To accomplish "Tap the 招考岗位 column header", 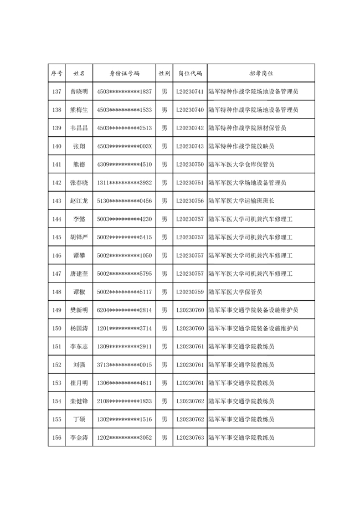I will click(261, 73).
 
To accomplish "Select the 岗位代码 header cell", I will click(189, 73).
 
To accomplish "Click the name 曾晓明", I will click(79, 91).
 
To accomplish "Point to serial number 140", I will click(56, 146).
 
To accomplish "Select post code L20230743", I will click(189, 146).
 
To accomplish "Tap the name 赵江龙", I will click(79, 201).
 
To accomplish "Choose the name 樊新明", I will click(79, 310).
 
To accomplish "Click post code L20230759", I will click(189, 292).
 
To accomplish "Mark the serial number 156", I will click(56, 438).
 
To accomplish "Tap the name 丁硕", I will click(79, 419).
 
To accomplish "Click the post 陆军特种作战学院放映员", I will click(241, 146).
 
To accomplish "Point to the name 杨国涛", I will click(79, 328).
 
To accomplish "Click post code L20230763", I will click(189, 438).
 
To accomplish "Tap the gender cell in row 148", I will click(164, 292).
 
